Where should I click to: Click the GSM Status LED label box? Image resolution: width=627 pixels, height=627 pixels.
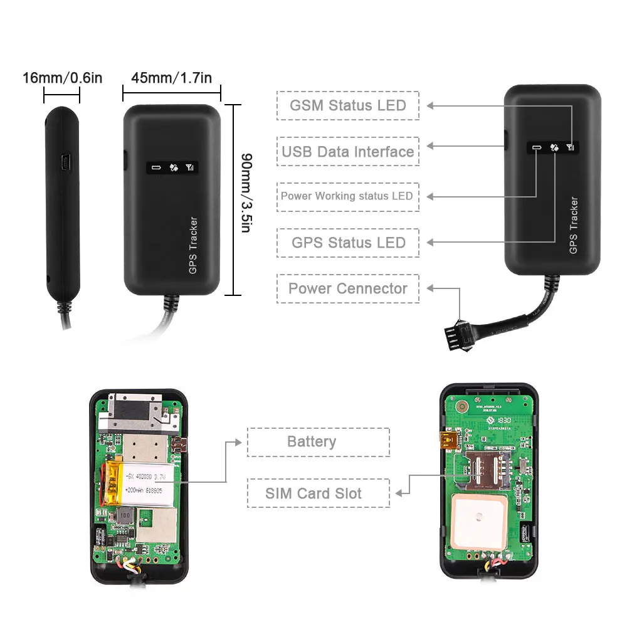[347, 105]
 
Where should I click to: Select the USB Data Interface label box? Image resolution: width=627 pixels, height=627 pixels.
[347, 151]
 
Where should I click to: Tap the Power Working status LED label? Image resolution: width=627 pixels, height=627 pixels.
[347, 196]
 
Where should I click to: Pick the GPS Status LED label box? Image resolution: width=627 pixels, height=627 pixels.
[348, 243]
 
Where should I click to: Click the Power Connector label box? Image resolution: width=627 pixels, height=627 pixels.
[347, 288]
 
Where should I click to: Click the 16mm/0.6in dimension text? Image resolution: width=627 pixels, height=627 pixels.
[62, 78]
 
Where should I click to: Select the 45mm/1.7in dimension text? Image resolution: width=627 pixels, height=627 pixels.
[171, 78]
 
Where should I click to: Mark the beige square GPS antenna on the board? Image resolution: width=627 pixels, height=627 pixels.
[479, 519]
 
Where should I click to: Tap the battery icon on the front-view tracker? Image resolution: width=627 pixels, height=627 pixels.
[155, 168]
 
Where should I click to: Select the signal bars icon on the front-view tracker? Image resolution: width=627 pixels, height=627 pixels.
[191, 168]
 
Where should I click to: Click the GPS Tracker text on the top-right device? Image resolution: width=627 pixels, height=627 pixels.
[573, 226]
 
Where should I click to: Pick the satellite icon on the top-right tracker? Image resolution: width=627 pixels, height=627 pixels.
[554, 149]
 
